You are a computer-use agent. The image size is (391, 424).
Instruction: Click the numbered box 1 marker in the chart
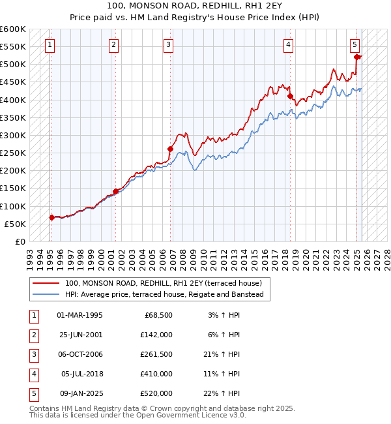pyautogui.click(x=50, y=45)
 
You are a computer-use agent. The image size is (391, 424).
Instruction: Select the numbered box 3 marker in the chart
pyautogui.click(x=169, y=45)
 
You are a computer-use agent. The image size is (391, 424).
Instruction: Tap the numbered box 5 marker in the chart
pyautogui.click(x=355, y=45)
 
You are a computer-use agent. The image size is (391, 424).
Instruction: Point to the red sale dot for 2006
pyautogui.click(x=170, y=149)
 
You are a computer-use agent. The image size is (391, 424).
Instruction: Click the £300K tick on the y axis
pyautogui.click(x=13, y=135)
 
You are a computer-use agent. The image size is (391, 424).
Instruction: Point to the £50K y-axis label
pyautogui.click(x=15, y=224)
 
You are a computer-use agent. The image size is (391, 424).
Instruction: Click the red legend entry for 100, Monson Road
pyautogui.click(x=163, y=284)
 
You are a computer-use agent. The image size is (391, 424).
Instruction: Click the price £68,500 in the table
pyautogui.click(x=158, y=315)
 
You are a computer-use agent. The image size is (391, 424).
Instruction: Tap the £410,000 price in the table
pyautogui.click(x=156, y=374)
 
